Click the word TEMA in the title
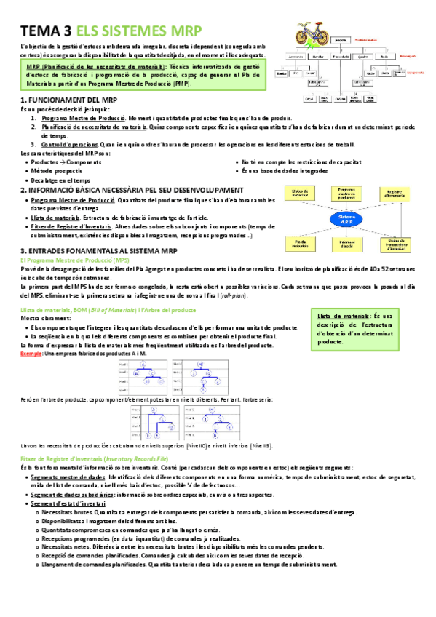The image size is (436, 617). coord(41,31)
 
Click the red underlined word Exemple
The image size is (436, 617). coord(31,352)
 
